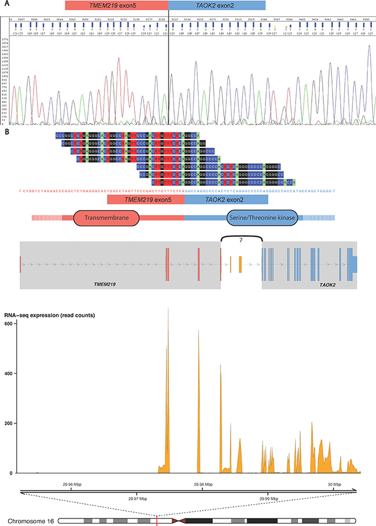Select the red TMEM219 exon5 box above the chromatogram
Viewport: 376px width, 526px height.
(x=116, y=5)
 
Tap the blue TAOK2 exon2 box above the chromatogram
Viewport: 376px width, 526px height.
(x=217, y=5)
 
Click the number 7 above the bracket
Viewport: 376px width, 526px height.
(x=241, y=231)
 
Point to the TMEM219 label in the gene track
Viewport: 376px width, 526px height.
(x=109, y=285)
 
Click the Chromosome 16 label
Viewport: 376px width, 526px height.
(x=32, y=521)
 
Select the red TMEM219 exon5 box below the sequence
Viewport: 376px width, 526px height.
(x=146, y=199)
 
